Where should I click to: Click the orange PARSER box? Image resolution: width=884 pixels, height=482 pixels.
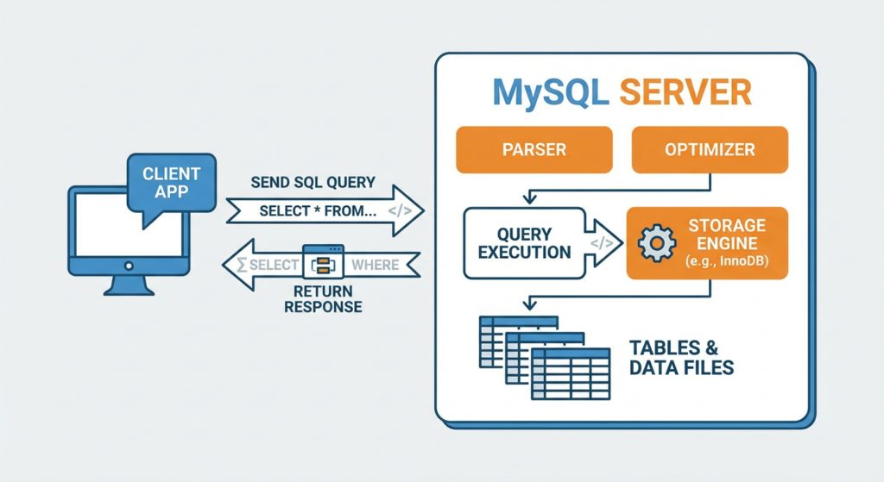pyautogui.click(x=534, y=149)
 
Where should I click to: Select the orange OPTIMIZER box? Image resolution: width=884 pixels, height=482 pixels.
pyautogui.click(x=710, y=149)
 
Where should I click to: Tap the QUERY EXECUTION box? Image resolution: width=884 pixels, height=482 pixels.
pyautogui.click(x=523, y=242)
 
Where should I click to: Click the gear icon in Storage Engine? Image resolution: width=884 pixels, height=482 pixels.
pyautogui.click(x=655, y=243)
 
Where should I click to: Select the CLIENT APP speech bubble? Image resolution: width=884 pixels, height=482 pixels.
pyautogui.click(x=171, y=182)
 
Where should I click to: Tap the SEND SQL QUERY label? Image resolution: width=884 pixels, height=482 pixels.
pyautogui.click(x=313, y=183)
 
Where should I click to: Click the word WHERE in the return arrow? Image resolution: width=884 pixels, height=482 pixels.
pyautogui.click(x=376, y=265)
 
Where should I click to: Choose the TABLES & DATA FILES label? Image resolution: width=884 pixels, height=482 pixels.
pyautogui.click(x=681, y=358)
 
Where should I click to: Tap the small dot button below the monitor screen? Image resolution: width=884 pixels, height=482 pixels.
pyautogui.click(x=129, y=266)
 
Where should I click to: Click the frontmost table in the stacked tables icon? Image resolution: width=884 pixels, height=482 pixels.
pyautogui.click(x=571, y=373)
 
